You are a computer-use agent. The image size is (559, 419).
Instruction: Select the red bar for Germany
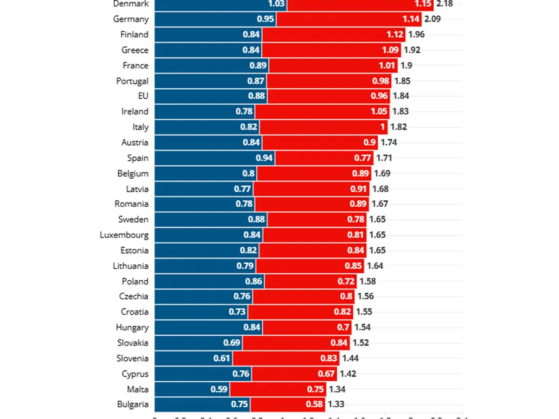[x=349, y=19]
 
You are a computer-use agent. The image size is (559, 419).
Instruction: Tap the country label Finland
[x=134, y=34]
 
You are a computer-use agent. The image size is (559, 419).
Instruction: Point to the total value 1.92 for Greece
[x=412, y=50]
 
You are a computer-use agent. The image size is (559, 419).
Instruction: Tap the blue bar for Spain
[x=214, y=158]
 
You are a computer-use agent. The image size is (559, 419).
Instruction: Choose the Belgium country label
[x=133, y=174]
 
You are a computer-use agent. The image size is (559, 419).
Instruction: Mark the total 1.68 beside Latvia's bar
[x=380, y=189]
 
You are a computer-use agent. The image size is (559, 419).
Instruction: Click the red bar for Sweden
[x=317, y=219]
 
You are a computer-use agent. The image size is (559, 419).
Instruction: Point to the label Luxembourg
[x=124, y=235]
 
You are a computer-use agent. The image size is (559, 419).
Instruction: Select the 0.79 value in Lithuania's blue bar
[x=245, y=266]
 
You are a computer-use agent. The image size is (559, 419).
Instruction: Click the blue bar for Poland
[x=209, y=281]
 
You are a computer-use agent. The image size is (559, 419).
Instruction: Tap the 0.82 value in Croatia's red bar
[x=342, y=312]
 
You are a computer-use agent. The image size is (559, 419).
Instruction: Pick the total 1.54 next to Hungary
[x=362, y=327]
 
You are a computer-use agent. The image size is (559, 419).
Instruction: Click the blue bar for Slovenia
[x=193, y=358]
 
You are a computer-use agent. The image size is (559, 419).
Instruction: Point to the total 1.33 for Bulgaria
[x=336, y=404]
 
